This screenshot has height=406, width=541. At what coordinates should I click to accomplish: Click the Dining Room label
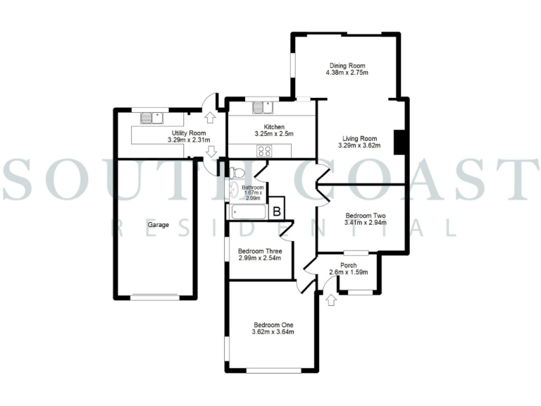(347, 65)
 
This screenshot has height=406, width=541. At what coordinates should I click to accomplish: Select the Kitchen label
(273, 126)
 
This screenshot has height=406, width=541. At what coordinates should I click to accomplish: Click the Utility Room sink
(151, 118)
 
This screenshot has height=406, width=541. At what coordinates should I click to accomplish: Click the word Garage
(157, 225)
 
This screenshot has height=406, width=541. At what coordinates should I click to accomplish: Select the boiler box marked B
(277, 210)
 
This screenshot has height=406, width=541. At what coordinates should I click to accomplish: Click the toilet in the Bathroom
(237, 173)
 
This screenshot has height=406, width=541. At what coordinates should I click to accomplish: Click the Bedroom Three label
(260, 251)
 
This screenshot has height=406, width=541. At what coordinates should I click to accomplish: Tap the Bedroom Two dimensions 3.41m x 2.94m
(366, 223)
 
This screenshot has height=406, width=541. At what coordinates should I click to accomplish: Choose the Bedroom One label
(273, 325)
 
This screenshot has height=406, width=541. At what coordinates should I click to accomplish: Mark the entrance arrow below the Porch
(331, 300)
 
